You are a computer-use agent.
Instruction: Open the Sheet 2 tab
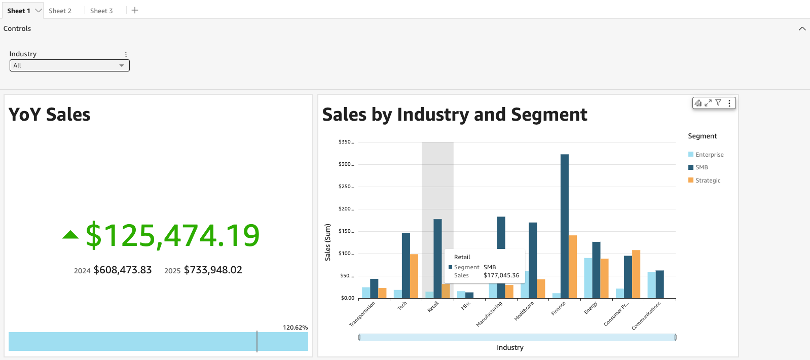[60, 11]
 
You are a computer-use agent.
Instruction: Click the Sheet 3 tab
[101, 11]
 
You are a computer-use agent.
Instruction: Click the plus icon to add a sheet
[135, 10]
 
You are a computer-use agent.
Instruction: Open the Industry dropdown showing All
[69, 65]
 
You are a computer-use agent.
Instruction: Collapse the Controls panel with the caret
[802, 29]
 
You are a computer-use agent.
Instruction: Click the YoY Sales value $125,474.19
[172, 236]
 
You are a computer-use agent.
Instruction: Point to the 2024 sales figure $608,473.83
[123, 270]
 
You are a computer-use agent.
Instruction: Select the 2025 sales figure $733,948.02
[213, 270]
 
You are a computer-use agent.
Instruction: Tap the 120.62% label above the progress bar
[295, 328]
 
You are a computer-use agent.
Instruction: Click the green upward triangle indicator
[70, 235]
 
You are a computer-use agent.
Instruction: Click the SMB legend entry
[702, 167]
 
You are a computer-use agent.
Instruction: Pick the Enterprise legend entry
[709, 155]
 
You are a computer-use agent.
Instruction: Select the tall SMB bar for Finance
[564, 226]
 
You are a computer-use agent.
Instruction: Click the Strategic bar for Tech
[414, 276]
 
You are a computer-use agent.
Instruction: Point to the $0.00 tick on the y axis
[347, 298]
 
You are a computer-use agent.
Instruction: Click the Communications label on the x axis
[646, 316]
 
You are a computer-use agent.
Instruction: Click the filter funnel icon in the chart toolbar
[718, 103]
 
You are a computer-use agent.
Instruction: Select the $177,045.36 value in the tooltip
[501, 275]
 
